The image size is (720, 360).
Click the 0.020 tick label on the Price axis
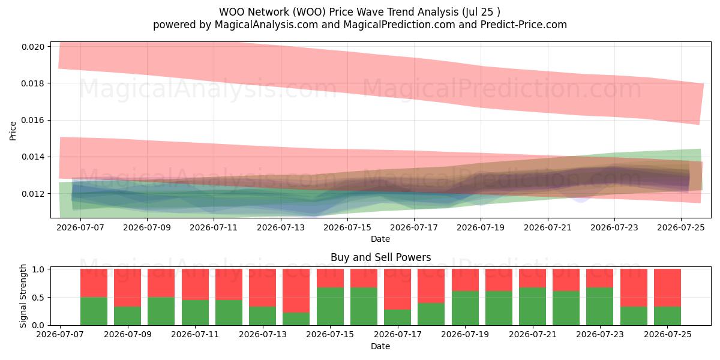point(33,47)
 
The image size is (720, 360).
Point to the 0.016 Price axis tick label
point(33,120)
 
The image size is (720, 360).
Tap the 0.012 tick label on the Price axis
point(33,194)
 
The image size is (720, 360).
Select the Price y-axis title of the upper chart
point(13,131)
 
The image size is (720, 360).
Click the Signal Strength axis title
point(23,296)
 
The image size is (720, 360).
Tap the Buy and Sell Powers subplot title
point(380,257)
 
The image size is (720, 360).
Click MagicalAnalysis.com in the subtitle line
point(266,25)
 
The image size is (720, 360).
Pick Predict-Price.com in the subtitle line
point(524,25)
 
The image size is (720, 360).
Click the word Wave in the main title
point(370,12)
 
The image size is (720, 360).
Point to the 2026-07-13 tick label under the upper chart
point(281,227)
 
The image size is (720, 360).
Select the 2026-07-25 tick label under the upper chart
point(681,227)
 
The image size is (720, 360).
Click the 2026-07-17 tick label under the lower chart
point(398,334)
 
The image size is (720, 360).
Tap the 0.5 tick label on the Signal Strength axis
point(38,298)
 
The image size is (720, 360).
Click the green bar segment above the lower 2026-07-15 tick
point(330,307)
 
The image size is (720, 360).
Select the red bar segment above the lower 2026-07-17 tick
point(398,289)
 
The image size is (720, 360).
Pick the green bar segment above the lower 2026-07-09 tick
point(128,316)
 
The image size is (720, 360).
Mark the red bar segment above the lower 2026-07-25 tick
point(668,287)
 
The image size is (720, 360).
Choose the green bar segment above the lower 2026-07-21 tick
point(533,307)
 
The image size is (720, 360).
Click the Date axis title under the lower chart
point(380,347)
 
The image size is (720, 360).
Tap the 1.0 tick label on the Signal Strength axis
point(38,269)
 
